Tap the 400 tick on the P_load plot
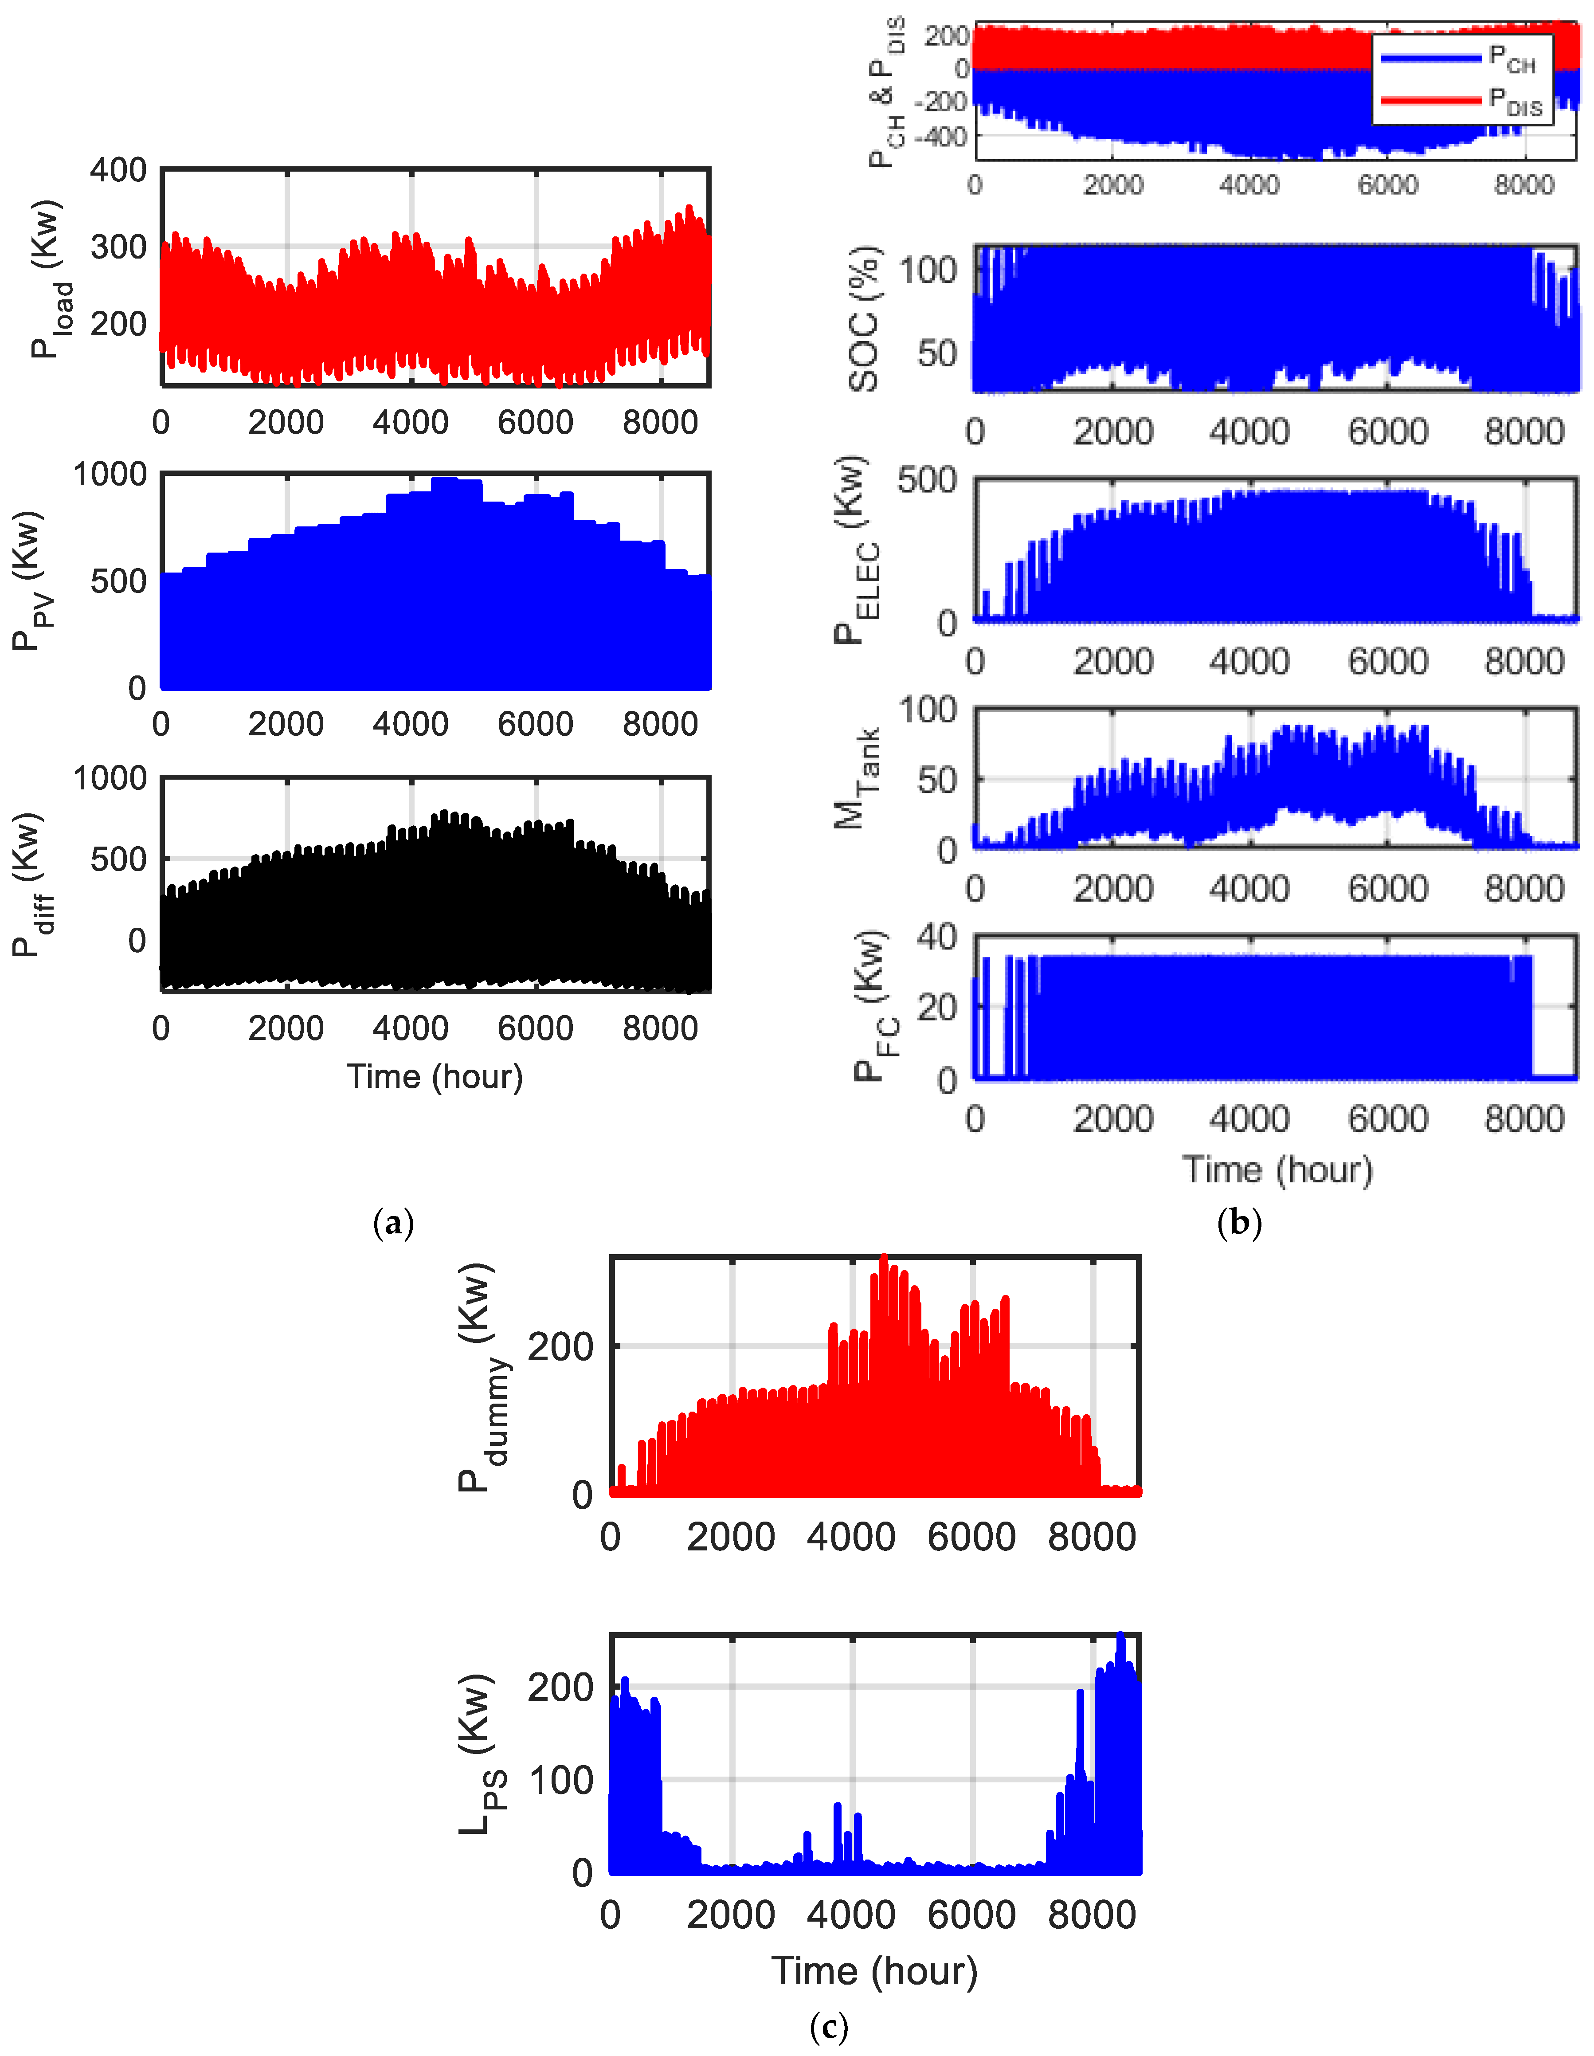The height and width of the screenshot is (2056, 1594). [118, 170]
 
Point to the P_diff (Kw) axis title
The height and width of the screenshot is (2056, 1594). [30, 885]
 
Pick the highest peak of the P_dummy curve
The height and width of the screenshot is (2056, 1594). [883, 1259]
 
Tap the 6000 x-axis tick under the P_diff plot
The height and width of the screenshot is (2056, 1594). [536, 1028]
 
